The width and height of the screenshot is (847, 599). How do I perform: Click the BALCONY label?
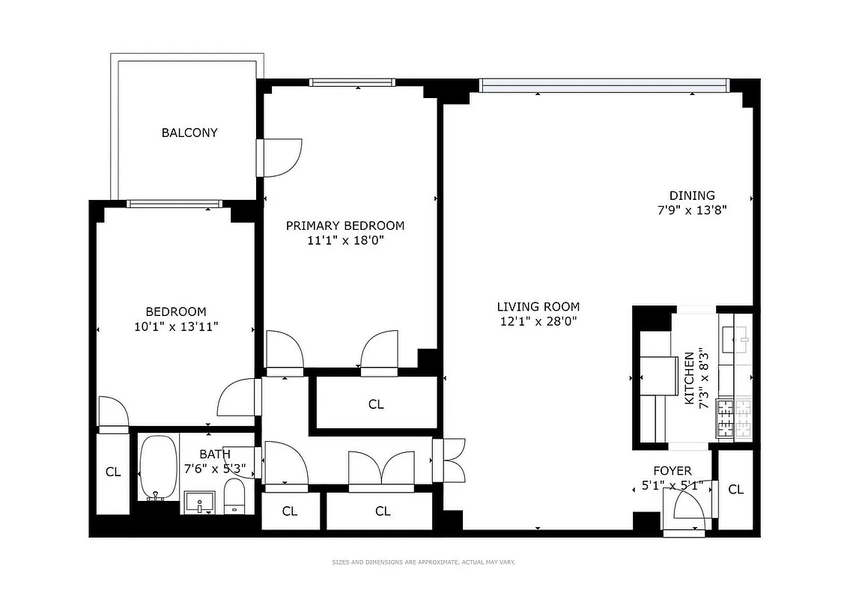click(189, 133)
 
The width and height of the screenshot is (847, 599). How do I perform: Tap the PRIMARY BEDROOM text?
click(344, 225)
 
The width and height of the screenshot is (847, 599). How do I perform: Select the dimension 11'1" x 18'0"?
click(344, 240)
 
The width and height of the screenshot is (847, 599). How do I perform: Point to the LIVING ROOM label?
click(538, 306)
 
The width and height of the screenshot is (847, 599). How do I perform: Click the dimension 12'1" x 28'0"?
click(538, 321)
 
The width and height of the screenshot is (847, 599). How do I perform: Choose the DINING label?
click(692, 195)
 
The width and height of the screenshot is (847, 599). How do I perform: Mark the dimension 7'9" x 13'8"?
click(692, 210)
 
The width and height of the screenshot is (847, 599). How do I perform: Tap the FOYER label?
click(672, 471)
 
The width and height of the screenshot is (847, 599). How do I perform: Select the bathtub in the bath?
click(158, 466)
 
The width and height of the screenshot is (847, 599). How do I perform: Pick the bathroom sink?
click(200, 502)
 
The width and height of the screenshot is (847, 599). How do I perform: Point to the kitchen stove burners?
click(734, 418)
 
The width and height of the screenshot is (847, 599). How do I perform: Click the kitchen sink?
click(735, 339)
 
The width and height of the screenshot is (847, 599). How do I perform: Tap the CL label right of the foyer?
click(735, 489)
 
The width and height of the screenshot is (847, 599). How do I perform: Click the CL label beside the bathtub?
click(112, 472)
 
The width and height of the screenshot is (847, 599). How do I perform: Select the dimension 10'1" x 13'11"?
click(175, 326)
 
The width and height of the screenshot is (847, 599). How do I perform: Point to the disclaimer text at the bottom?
click(423, 562)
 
